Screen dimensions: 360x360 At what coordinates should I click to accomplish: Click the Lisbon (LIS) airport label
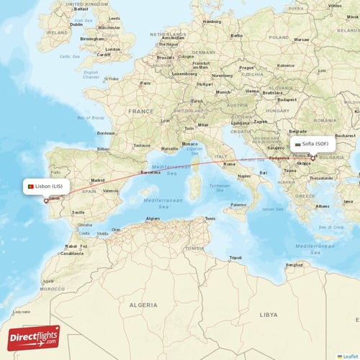pos(50,186)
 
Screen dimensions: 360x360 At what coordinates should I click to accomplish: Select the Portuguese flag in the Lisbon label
pos(30,186)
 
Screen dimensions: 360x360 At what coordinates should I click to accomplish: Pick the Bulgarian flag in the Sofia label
pos(297,144)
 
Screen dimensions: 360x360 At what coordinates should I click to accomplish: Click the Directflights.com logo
pos(34,337)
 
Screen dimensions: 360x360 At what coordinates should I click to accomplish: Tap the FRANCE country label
pos(141,112)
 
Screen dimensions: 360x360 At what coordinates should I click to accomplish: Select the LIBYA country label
pos(268,315)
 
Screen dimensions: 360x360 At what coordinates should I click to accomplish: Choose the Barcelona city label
pos(150,173)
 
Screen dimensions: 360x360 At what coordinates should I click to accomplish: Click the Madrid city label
pos(98,181)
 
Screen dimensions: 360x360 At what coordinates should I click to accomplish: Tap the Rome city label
pos(230,164)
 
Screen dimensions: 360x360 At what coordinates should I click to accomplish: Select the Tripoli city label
pos(235,257)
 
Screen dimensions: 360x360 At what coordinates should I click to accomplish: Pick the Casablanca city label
pos(72,253)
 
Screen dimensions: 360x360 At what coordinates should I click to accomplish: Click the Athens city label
pos(322,205)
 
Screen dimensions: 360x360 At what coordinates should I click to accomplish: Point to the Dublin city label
pos(76,24)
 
